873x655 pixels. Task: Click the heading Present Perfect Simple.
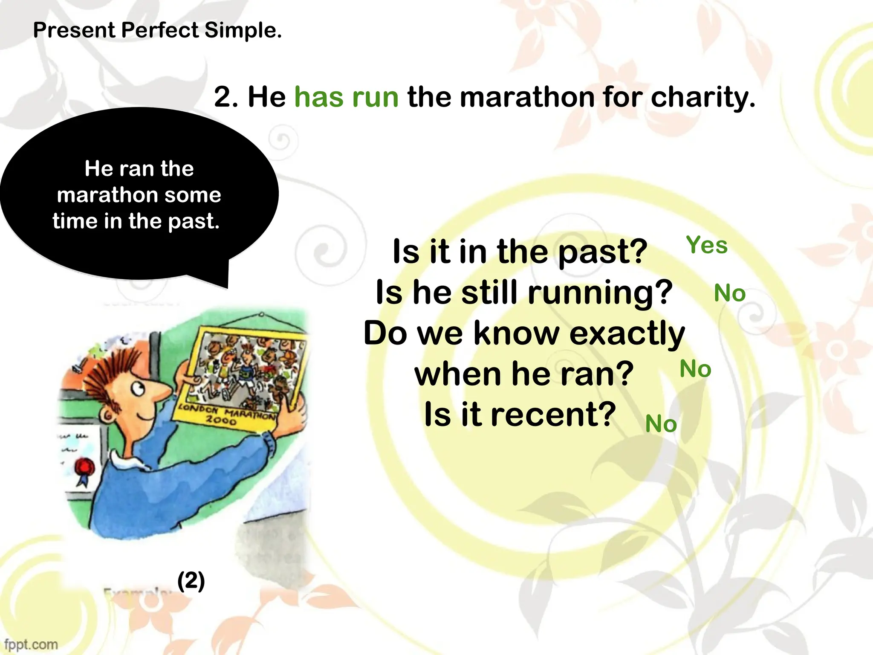157,31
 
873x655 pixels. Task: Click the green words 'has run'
346,97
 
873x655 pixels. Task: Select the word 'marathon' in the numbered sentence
527,97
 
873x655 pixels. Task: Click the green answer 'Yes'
706,245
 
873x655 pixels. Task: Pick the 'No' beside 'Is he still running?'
729,293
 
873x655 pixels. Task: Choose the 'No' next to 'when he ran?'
695,369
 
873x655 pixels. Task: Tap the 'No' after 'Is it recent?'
661,424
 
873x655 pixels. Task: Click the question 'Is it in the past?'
520,252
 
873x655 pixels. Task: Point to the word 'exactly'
627,333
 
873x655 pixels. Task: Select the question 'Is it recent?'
520,414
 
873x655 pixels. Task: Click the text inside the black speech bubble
139,195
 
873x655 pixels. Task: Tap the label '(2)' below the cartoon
191,581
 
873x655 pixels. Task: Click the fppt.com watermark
31,644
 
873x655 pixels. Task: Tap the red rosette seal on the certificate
84,467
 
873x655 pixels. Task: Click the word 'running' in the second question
600,293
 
